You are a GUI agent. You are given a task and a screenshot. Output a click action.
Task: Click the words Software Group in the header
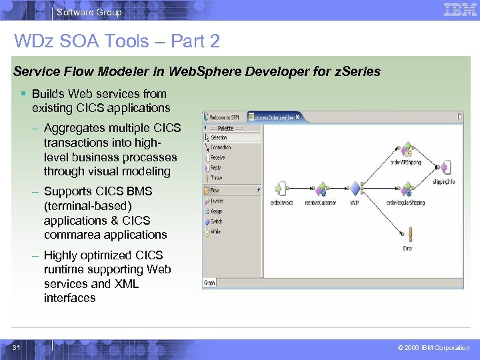click(x=89, y=12)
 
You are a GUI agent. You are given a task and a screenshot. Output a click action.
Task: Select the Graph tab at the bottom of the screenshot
click(x=209, y=283)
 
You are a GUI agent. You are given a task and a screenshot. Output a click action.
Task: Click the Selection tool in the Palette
click(x=218, y=137)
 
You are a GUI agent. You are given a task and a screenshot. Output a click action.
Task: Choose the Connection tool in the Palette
click(x=220, y=147)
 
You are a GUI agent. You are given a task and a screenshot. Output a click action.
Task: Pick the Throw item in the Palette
click(x=217, y=178)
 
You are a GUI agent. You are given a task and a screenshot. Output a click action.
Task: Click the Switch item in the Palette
click(x=217, y=221)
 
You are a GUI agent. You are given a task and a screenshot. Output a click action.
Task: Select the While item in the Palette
click(x=216, y=231)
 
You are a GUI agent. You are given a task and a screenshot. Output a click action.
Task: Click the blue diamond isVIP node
click(x=355, y=189)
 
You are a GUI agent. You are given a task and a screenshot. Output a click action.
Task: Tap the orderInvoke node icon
click(x=282, y=189)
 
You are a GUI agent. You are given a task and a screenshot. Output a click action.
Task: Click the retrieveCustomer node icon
click(x=321, y=189)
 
